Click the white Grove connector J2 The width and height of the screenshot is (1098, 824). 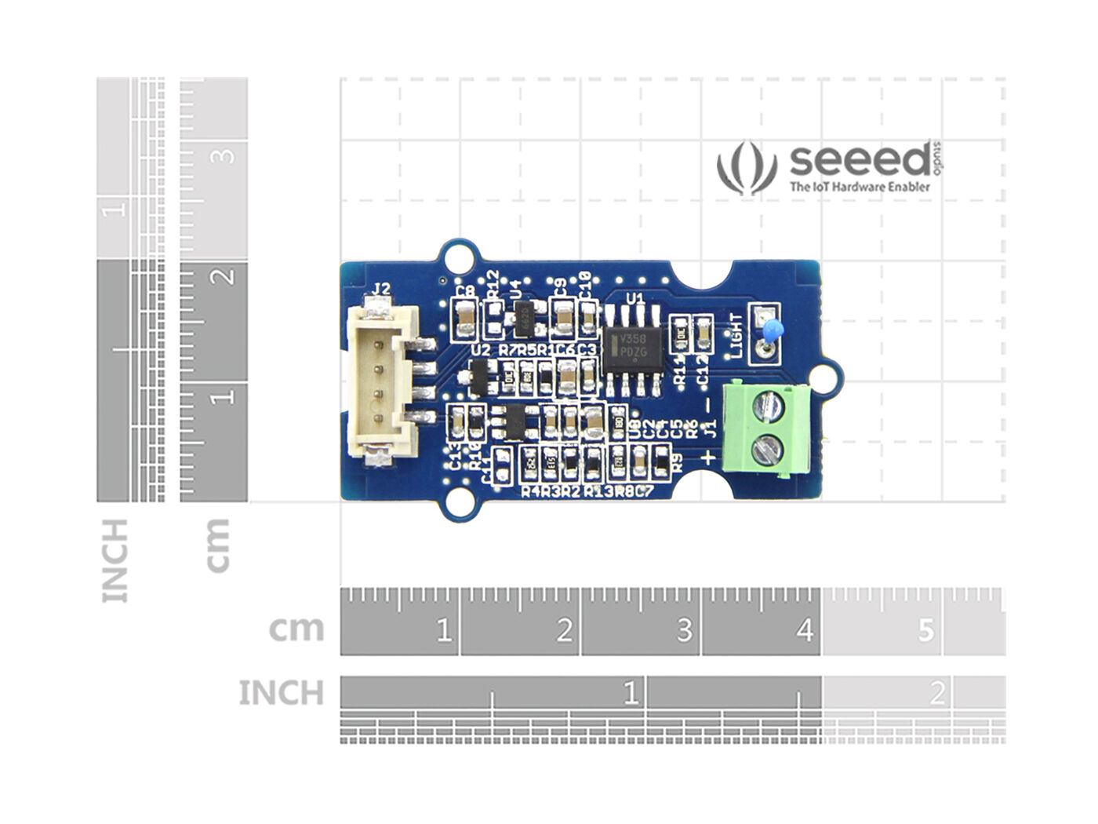click(x=382, y=381)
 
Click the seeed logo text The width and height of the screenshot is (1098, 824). click(x=860, y=161)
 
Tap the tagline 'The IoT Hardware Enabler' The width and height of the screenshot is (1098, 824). click(x=860, y=187)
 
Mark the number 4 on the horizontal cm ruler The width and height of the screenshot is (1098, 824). click(x=805, y=629)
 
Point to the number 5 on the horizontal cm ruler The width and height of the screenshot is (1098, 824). click(x=926, y=629)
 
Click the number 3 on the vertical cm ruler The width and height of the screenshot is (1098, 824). click(x=225, y=155)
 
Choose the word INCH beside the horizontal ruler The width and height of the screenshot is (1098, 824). click(x=281, y=693)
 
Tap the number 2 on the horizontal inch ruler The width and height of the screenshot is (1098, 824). click(x=937, y=694)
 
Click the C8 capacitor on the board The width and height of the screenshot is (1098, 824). click(x=466, y=318)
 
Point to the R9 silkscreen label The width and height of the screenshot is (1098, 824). click(x=678, y=463)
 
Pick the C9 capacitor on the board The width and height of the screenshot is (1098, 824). click(x=562, y=317)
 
